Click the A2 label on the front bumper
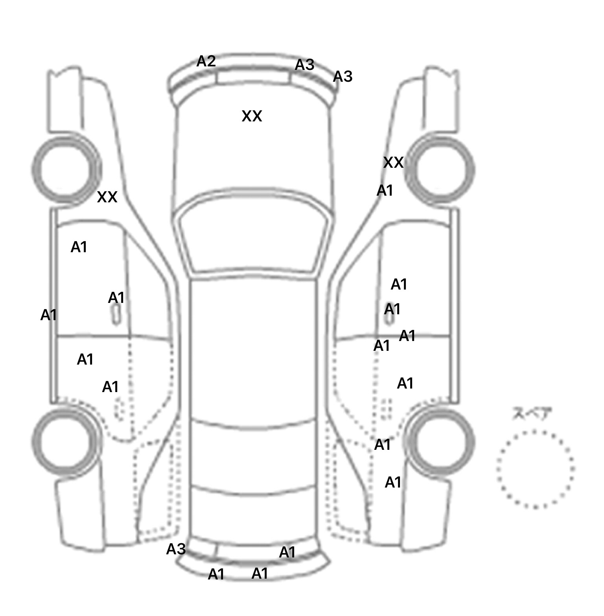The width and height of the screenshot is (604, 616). click(x=206, y=61)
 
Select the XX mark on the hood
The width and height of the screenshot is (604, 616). click(x=252, y=116)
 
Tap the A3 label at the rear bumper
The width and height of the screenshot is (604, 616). click(x=176, y=549)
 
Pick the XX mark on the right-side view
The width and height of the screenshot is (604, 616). click(x=393, y=163)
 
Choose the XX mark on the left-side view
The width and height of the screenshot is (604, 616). click(x=107, y=197)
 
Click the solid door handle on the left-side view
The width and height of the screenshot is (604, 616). click(x=116, y=315)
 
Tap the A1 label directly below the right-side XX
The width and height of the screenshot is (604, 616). click(x=385, y=191)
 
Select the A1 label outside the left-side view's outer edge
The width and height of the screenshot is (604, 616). click(x=49, y=315)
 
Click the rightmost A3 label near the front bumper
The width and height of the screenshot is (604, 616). click(x=343, y=77)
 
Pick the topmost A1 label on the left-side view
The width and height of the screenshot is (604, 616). click(x=79, y=247)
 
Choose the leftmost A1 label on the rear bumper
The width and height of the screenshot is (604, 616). click(x=216, y=574)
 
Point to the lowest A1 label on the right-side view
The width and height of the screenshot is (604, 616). click(x=393, y=482)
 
